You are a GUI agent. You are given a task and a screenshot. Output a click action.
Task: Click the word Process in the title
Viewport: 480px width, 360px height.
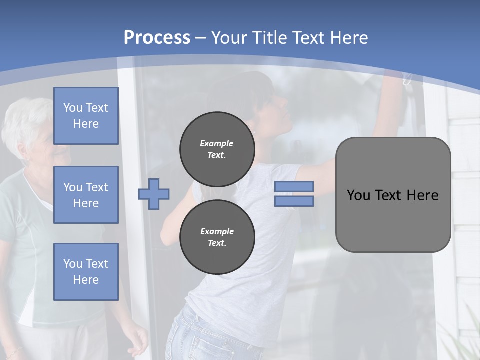157,38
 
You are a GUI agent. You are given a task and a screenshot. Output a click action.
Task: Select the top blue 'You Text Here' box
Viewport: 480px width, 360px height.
86,116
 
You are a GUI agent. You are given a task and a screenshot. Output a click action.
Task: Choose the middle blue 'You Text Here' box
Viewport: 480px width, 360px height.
86,195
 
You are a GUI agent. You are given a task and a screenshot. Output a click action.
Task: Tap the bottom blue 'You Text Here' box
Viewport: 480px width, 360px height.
86,272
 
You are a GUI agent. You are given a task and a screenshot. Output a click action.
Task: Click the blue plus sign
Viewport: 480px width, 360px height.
154,194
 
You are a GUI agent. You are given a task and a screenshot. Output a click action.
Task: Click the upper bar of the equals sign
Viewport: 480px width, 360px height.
294,186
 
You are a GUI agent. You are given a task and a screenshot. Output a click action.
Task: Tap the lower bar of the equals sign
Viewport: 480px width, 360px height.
294,201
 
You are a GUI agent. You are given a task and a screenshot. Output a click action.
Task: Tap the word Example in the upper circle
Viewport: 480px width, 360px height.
217,143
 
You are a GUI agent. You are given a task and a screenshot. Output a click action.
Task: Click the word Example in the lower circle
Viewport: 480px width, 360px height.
217,231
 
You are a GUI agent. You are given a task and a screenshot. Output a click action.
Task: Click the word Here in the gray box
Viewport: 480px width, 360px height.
423,195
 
